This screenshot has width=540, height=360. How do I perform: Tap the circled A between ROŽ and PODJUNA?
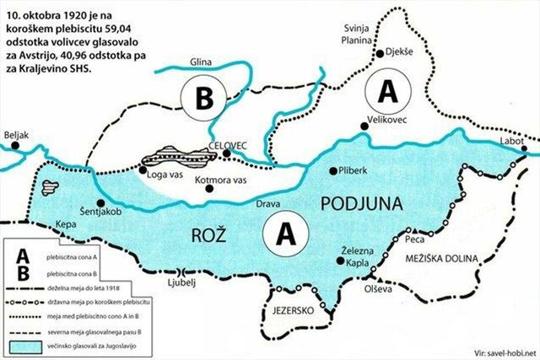click(285, 233)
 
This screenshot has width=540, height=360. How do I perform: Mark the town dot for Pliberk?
click(332, 169)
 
